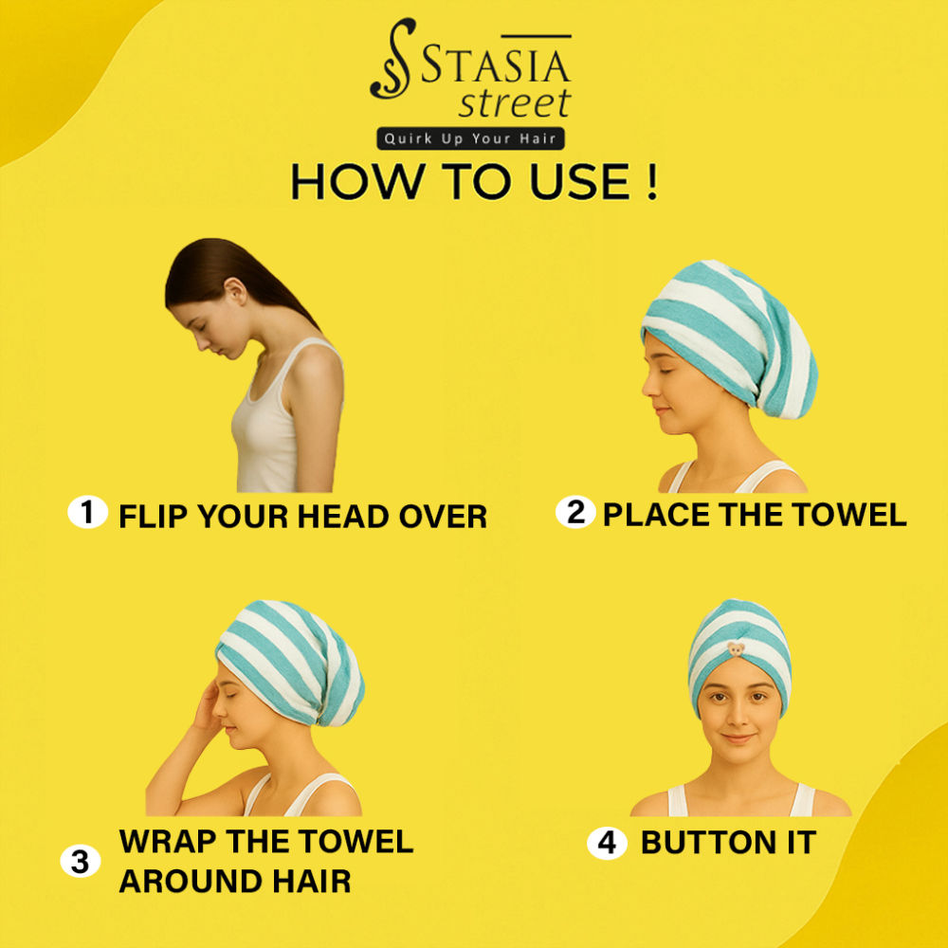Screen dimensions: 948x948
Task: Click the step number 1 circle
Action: point(87,512)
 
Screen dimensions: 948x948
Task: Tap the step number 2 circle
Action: point(575,512)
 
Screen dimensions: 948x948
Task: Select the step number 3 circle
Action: point(81,861)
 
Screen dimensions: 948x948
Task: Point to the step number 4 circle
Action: point(607,842)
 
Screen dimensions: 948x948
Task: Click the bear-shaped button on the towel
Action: point(736,649)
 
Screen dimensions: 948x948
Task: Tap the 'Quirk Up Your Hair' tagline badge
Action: point(470,138)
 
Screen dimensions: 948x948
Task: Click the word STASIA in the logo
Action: point(495,64)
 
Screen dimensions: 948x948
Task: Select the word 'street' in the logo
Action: point(515,103)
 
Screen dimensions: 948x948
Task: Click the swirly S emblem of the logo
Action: point(393,58)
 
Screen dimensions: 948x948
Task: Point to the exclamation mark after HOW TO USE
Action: point(651,181)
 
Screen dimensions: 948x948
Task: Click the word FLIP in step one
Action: point(154,517)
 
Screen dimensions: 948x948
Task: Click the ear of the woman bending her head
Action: point(235,292)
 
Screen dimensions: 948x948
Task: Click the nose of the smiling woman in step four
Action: point(738,716)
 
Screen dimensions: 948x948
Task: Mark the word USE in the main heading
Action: point(579,181)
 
